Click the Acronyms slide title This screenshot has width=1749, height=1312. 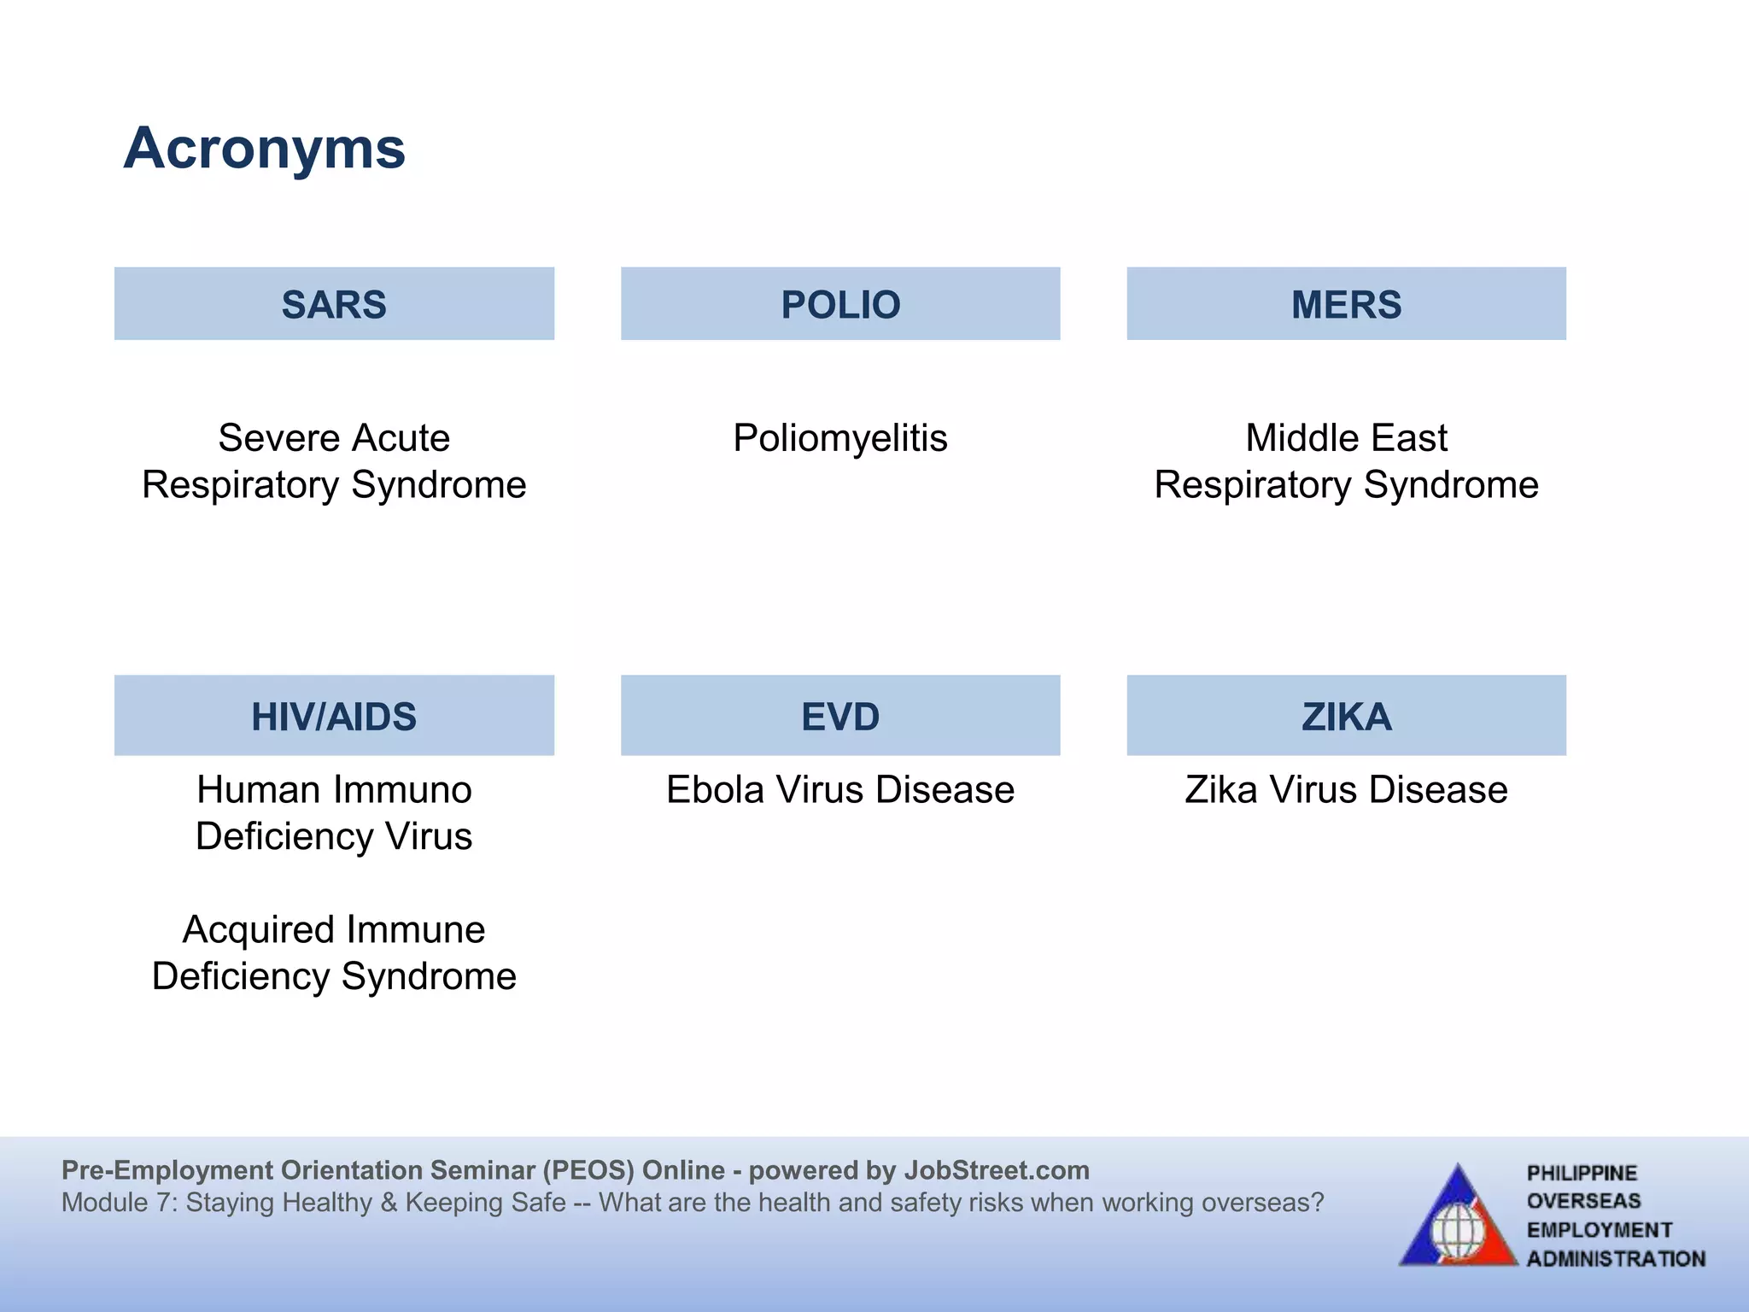coord(264,149)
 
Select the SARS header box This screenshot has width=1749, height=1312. coord(334,304)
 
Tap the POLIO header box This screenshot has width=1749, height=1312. coord(840,304)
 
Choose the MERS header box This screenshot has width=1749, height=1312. coord(1346,304)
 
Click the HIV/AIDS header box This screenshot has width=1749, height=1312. coord(334,716)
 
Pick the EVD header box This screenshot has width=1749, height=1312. coord(840,716)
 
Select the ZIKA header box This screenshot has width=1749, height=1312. coord(1346,716)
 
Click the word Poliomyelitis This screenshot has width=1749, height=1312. coord(840,438)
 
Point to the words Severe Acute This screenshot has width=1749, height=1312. coord(334,438)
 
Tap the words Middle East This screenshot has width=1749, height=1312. coord(1346,438)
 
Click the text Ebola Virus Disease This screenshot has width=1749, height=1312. coord(840,789)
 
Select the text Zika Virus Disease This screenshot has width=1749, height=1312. coord(1346,789)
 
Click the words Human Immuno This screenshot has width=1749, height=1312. coord(334,789)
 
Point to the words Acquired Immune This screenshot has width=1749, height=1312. coord(334,929)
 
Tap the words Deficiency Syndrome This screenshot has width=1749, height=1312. coord(334,976)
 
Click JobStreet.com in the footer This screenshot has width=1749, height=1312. coord(996,1170)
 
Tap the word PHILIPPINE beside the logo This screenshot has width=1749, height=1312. coord(1582,1173)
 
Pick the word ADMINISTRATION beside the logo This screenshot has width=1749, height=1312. coord(1616,1259)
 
